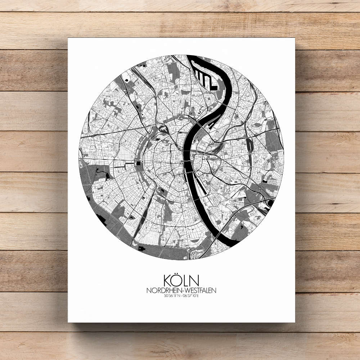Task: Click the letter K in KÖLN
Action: pos(169,281)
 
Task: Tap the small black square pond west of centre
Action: pos(139,164)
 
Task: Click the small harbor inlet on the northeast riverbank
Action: pos(210,125)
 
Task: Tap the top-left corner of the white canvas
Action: pos(68,39)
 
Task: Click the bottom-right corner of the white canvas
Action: pos(294,321)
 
